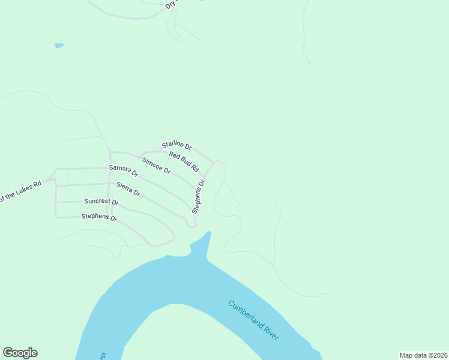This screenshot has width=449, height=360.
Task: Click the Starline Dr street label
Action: [x=176, y=145]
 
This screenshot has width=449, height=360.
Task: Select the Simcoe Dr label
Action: [x=156, y=166]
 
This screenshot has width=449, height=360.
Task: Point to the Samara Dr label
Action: [x=124, y=171]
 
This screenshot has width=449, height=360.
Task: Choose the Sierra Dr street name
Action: [x=128, y=189]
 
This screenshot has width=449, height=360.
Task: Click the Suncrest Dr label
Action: [x=101, y=202]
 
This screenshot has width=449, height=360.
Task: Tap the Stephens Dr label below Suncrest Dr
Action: [x=99, y=217]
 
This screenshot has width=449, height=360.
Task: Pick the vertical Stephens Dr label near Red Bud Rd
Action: [x=199, y=196]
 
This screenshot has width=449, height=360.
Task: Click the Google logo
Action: [x=20, y=353]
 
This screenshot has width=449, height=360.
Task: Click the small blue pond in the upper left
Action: [x=59, y=45]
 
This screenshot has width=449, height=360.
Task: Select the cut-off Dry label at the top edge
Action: [x=171, y=4]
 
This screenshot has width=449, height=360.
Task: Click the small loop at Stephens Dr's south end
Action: [x=191, y=224]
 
